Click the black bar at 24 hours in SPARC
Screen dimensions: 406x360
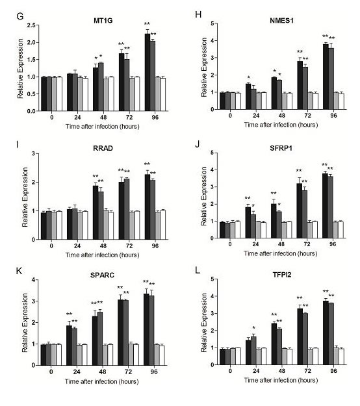[x=69, y=344]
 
